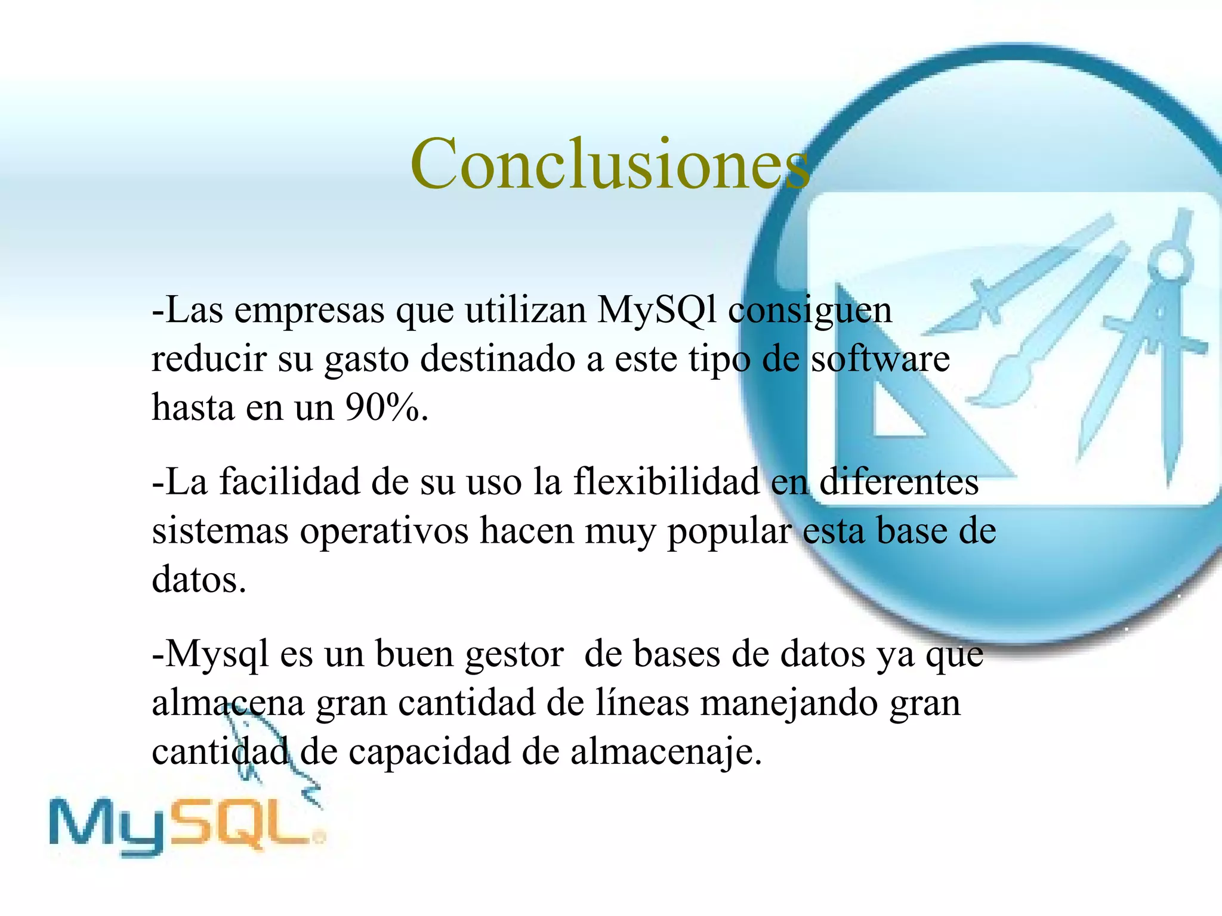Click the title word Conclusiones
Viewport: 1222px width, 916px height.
[x=610, y=164]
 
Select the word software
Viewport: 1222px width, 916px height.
[x=880, y=359]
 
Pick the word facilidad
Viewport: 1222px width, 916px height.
[x=290, y=481]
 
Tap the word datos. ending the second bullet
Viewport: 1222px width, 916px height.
[x=199, y=580]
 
